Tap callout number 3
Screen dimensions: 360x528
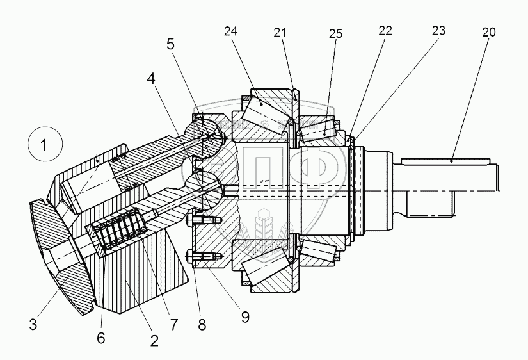[x=33, y=324]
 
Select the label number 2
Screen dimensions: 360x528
[x=154, y=340]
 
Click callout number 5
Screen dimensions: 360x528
[x=170, y=45]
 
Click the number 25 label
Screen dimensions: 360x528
[x=335, y=34]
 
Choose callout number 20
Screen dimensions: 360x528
[x=488, y=32]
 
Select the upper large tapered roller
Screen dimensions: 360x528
[x=265, y=110]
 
